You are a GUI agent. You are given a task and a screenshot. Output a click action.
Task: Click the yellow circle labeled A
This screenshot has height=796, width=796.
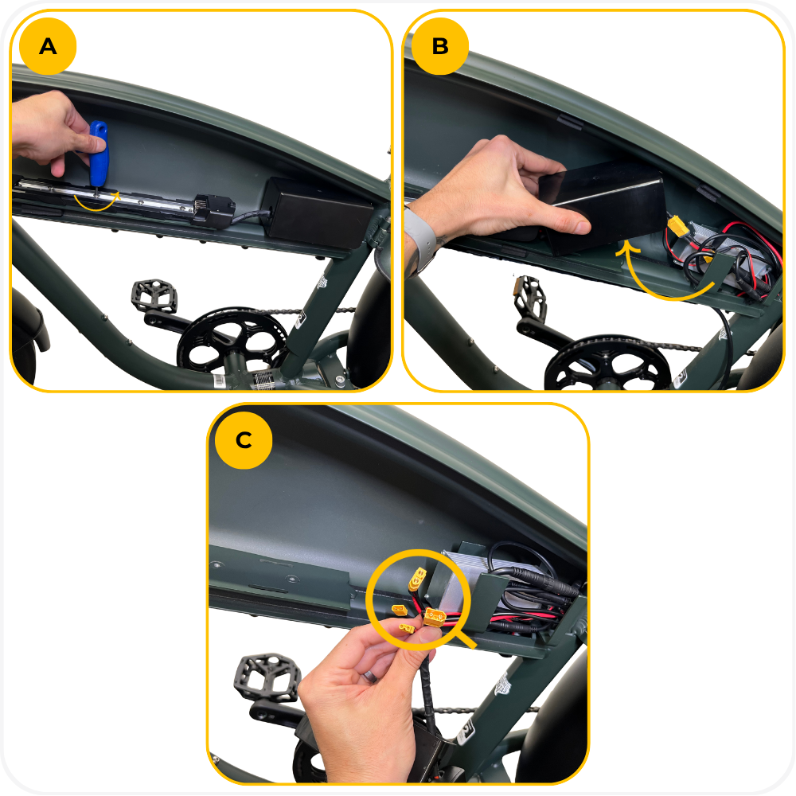point(48,46)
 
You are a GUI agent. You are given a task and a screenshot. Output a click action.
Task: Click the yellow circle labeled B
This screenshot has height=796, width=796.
point(439,46)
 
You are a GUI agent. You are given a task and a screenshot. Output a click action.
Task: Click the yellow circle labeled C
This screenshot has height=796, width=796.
point(244,439)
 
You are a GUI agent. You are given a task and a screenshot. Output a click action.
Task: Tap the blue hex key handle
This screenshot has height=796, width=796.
point(98,152)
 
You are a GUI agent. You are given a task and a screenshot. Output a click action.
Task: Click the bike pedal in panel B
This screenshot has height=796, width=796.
point(530,298)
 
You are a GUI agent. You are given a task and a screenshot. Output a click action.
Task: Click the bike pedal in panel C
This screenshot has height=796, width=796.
point(267,678)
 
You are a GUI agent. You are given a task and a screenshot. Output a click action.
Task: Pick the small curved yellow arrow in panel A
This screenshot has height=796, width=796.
point(96,202)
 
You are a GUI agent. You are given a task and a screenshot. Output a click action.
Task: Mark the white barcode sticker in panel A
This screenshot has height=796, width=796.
point(220,380)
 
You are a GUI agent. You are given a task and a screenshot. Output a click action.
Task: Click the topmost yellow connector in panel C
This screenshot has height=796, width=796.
point(418,579)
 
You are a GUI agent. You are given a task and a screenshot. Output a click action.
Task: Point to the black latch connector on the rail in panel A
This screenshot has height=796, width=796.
point(213,209)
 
